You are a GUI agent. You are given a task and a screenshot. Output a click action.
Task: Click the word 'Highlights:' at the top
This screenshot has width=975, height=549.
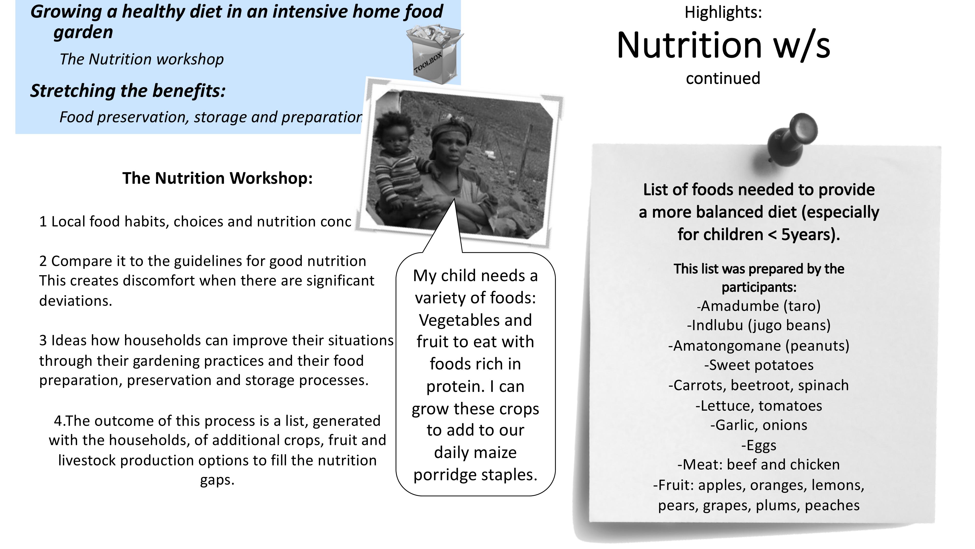[723, 12]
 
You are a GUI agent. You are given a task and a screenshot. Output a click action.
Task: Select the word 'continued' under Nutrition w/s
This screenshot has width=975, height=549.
[723, 78]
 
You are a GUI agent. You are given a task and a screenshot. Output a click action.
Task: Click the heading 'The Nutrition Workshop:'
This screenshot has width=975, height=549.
[218, 178]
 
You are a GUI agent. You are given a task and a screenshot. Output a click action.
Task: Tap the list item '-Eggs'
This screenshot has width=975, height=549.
[759, 446]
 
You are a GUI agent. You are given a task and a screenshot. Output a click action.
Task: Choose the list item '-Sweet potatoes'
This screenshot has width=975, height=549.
[759, 365]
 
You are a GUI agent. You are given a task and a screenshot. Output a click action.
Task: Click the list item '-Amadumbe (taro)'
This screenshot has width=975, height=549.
[759, 306]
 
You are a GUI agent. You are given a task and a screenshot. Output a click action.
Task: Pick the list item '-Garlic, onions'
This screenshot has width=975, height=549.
[759, 425]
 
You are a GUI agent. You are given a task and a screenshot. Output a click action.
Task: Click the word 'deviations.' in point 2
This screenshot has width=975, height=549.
[76, 301]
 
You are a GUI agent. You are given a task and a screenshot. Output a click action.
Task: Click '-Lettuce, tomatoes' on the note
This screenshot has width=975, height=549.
[759, 406]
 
